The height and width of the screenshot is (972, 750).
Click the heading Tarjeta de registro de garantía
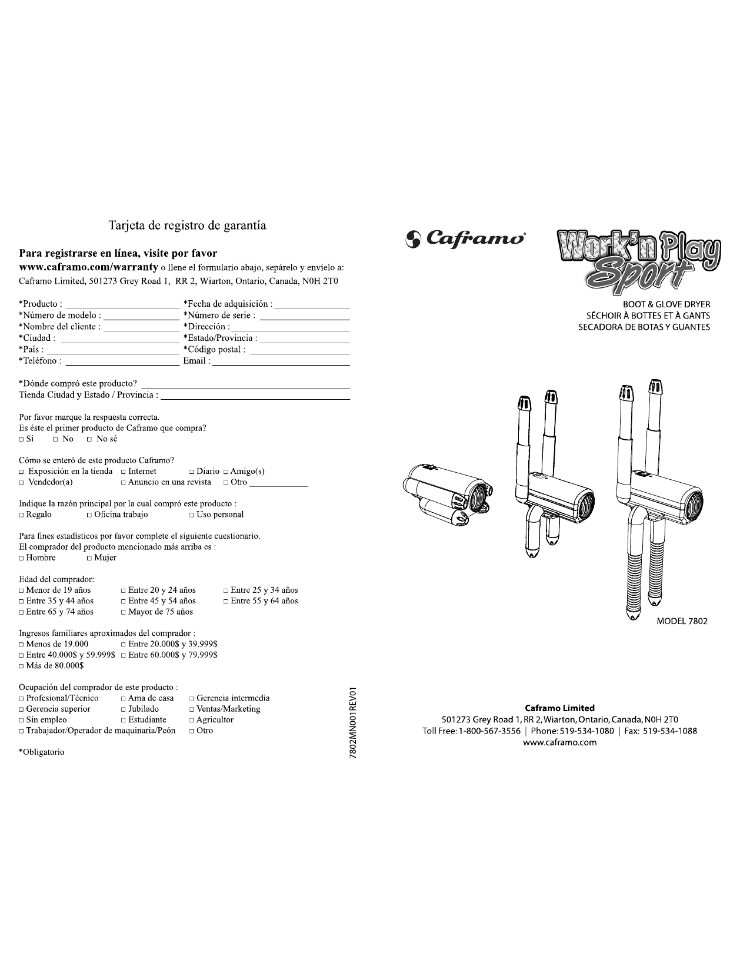point(188,225)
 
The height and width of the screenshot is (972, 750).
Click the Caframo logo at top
point(465,239)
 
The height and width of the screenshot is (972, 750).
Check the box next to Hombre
point(22,558)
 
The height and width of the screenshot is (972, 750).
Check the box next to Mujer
point(89,558)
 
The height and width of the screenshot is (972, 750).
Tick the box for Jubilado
point(124,709)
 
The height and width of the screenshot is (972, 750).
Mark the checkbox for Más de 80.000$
point(22,666)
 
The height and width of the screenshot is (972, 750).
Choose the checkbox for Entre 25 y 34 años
point(226,591)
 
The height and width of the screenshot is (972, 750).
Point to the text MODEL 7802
point(682,621)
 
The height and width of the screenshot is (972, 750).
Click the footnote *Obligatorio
point(42,752)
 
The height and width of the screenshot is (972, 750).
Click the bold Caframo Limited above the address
point(559,708)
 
